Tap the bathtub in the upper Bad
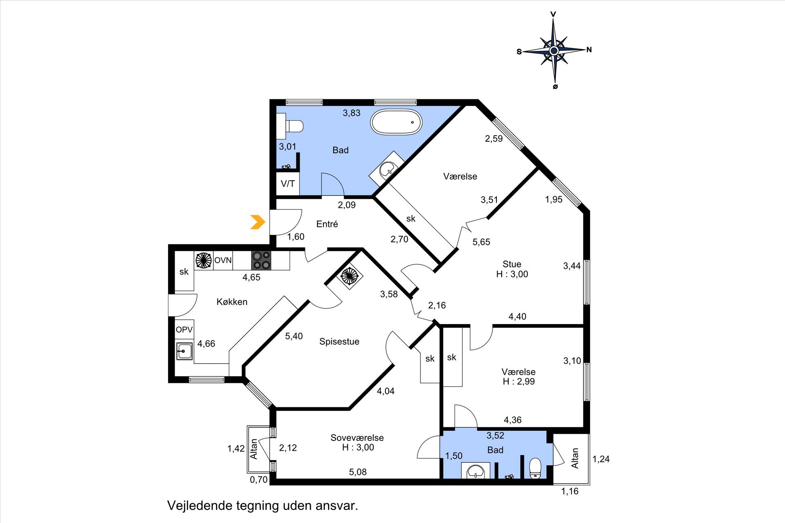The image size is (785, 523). (396, 122)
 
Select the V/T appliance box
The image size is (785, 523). (288, 183)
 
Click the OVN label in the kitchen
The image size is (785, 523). (223, 260)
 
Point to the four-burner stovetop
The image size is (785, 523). (261, 260)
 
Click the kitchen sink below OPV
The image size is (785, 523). (184, 351)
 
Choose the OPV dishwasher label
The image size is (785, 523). (184, 330)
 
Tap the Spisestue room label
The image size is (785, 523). (339, 342)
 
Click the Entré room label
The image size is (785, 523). (327, 224)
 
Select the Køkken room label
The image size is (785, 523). (232, 302)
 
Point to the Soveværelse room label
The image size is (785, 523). (357, 438)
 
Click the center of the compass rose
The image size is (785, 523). (554, 51)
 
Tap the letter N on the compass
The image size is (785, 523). (589, 50)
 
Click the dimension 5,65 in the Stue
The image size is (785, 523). (481, 242)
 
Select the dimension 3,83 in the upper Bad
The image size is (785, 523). (352, 113)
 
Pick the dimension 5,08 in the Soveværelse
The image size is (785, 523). (358, 472)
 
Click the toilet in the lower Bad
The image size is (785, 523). (535, 468)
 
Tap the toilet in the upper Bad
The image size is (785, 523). (290, 126)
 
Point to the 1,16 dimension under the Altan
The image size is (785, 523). (570, 492)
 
